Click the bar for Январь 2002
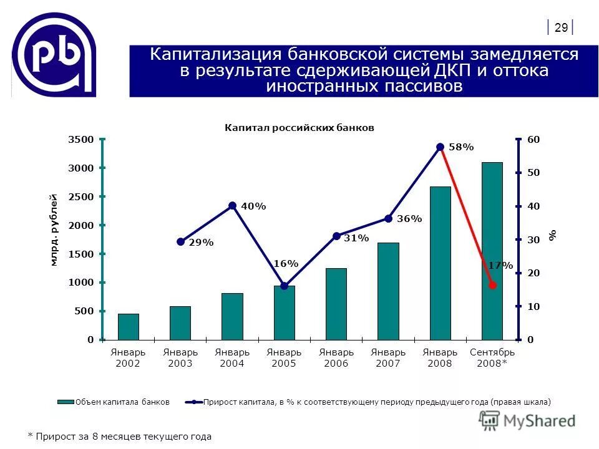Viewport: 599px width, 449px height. pyautogui.click(x=129, y=327)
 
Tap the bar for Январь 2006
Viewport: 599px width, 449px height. pyautogui.click(x=336, y=304)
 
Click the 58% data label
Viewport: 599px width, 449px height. pyautogui.click(x=461, y=147)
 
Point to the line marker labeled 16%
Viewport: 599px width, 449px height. pyautogui.click(x=285, y=286)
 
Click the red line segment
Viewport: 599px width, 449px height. pyautogui.click(x=466, y=216)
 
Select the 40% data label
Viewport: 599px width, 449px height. pyautogui.click(x=253, y=206)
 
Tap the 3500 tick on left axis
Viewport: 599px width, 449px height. pyautogui.click(x=80, y=140)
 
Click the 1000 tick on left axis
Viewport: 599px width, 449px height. pyautogui.click(x=80, y=282)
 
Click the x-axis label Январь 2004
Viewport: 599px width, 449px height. pyautogui.click(x=232, y=358)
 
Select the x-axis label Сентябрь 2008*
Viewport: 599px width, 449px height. pyautogui.click(x=492, y=358)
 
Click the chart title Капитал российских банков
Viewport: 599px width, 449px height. pyautogui.click(x=299, y=127)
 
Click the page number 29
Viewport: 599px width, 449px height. pyautogui.click(x=561, y=27)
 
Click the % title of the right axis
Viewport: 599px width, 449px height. pyautogui.click(x=552, y=235)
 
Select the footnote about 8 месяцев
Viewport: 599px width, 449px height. pyautogui.click(x=120, y=437)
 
